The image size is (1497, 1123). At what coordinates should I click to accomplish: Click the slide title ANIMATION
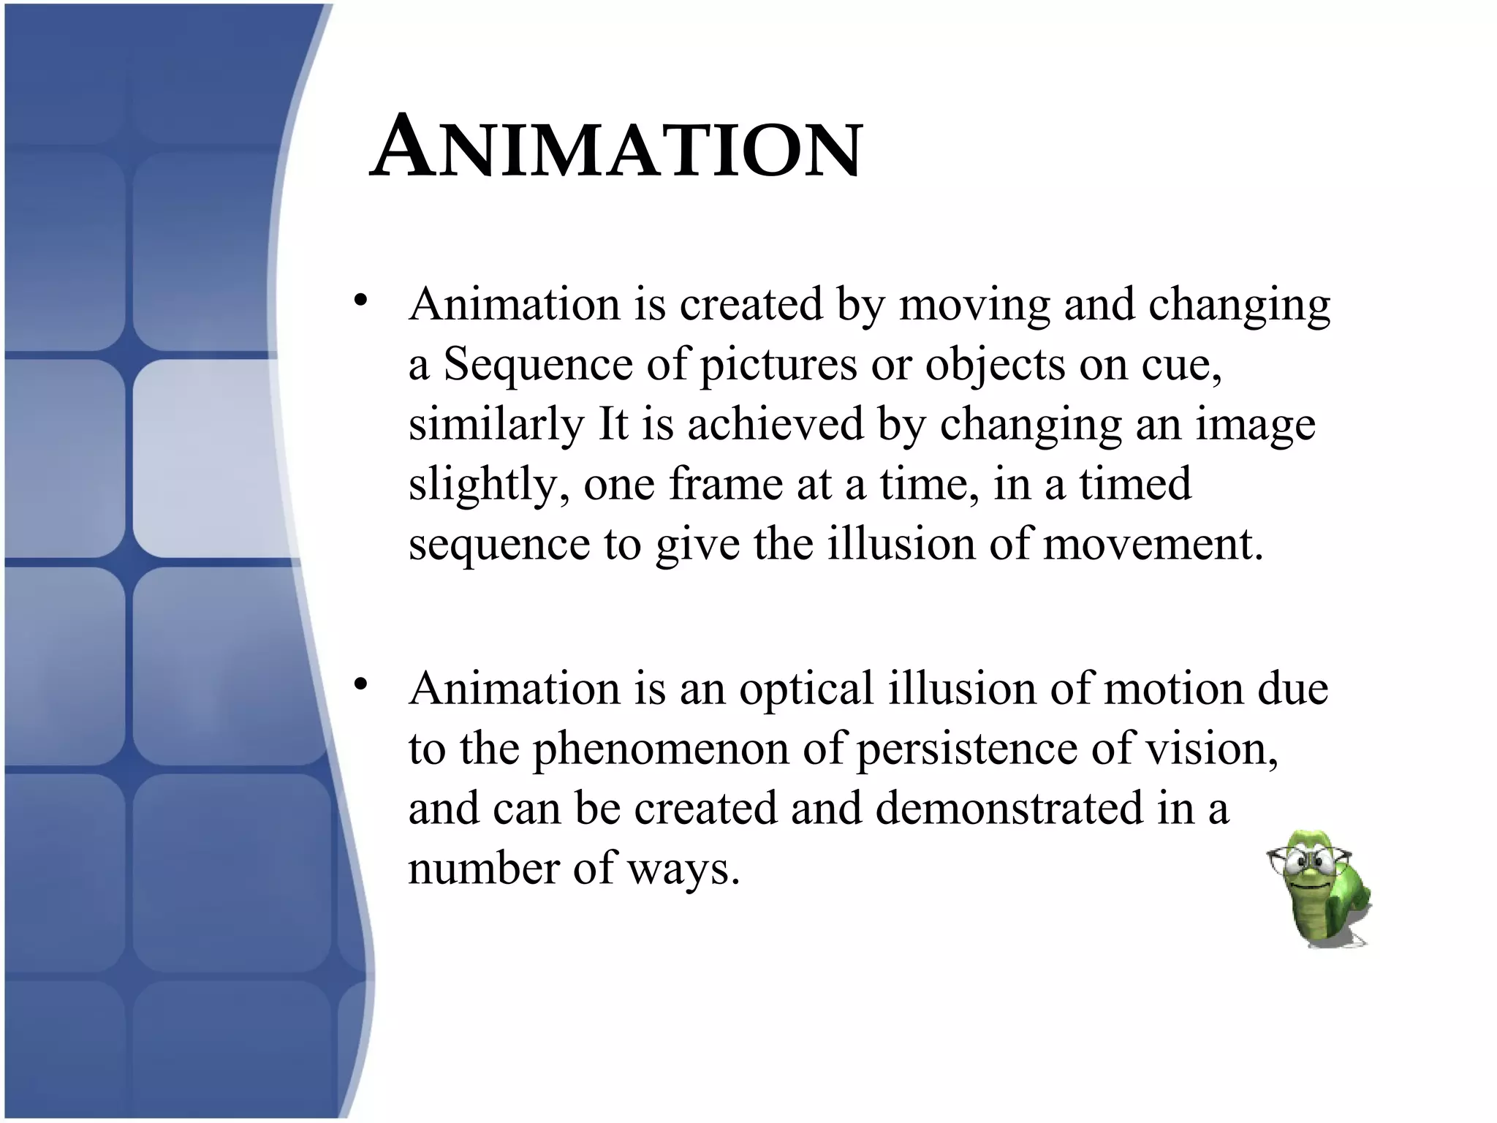click(616, 148)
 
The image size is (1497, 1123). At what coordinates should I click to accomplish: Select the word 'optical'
click(806, 689)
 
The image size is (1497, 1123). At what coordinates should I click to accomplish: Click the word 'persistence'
click(966, 749)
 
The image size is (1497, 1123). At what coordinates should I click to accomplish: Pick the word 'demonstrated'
click(1009, 809)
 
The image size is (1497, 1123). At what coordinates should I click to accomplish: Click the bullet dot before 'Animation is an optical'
click(360, 685)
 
